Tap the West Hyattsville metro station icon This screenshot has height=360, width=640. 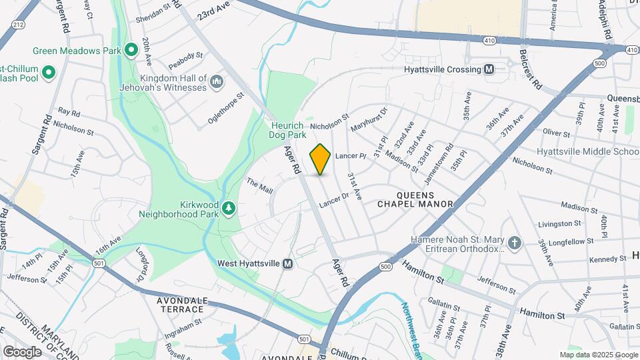[288, 263]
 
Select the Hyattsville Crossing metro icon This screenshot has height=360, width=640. [489, 69]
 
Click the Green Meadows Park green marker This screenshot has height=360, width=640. [131, 49]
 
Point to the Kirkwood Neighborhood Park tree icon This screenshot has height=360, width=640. [229, 208]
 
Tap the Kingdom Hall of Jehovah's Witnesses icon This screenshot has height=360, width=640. [216, 82]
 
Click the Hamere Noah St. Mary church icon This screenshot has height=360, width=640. [514, 243]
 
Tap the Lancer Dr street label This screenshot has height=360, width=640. [334, 199]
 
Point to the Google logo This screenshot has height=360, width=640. [22, 351]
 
